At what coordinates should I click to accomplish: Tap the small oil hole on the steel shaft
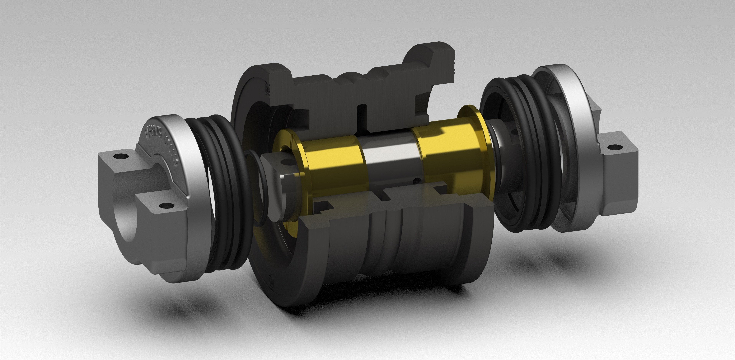point(417,180)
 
